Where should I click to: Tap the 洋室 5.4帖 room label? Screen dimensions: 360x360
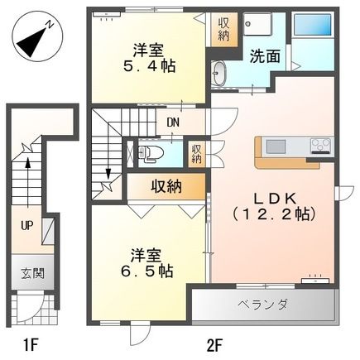(x=149, y=58)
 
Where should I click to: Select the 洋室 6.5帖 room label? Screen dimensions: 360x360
(x=146, y=263)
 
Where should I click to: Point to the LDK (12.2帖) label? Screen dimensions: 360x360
(x=274, y=206)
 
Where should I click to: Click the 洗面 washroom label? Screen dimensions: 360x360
(x=265, y=56)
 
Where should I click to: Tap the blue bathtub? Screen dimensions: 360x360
(x=313, y=25)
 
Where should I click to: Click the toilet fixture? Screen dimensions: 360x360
(x=151, y=153)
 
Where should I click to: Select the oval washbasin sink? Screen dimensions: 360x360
(x=219, y=74)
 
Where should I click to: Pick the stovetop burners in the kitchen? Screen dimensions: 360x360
(x=321, y=145)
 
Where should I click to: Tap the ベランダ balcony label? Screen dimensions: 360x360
(x=263, y=305)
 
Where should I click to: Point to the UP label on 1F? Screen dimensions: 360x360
(x=27, y=226)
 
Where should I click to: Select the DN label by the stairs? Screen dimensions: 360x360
(x=174, y=122)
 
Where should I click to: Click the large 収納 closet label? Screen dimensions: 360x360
(x=166, y=186)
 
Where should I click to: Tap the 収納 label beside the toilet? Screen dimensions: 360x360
(x=197, y=154)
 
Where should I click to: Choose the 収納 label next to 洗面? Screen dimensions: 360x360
(x=223, y=29)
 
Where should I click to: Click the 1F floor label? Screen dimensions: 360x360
(x=30, y=345)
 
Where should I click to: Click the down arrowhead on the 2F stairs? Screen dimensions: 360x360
(x=108, y=174)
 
